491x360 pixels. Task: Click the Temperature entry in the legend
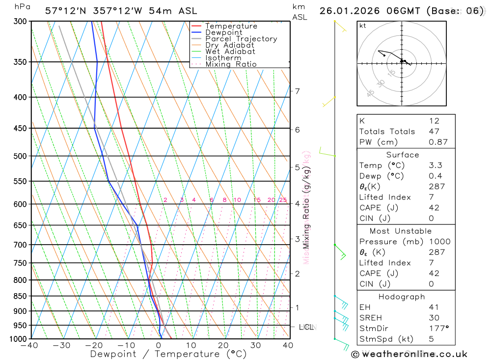coord(231,26)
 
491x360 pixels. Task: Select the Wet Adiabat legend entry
coord(230,52)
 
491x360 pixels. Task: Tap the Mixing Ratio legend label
coord(231,64)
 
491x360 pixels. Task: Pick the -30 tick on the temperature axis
coord(62,345)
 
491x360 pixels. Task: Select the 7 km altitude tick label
coord(297,91)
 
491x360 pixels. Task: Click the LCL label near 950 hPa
coord(306,327)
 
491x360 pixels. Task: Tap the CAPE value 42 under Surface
coord(434,208)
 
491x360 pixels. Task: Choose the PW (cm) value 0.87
coord(438,142)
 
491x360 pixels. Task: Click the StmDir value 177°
coord(438,329)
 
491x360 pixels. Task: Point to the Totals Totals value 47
coord(434,132)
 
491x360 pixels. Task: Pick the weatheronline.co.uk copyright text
coord(409,354)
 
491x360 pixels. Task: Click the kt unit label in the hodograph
coord(363,26)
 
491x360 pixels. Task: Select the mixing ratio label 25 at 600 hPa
coord(283,200)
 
